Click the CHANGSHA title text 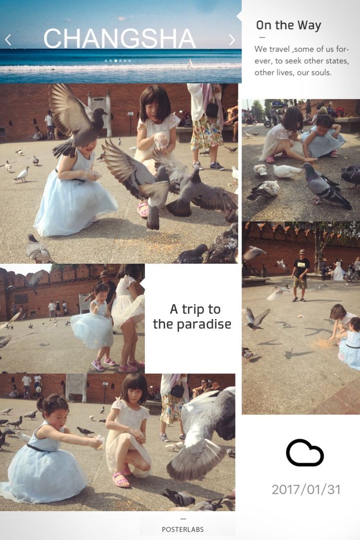pyautogui.click(x=120, y=38)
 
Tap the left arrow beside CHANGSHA pyautogui.click(x=8, y=40)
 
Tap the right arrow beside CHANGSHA pyautogui.click(x=232, y=40)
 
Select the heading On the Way pyautogui.click(x=288, y=25)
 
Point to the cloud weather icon pyautogui.click(x=305, y=452)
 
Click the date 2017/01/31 pyautogui.click(x=306, y=490)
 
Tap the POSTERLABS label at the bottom pyautogui.click(x=182, y=529)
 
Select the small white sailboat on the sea pyautogui.click(x=190, y=64)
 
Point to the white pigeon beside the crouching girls pyautogui.click(x=286, y=171)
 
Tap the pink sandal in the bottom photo pyautogui.click(x=121, y=479)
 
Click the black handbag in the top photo pyautogui.click(x=212, y=109)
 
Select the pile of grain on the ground pyautogui.click(x=323, y=343)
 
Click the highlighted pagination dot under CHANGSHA pyautogui.click(x=115, y=60)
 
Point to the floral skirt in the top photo pyautogui.click(x=206, y=133)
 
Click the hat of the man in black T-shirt pyautogui.click(x=302, y=252)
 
